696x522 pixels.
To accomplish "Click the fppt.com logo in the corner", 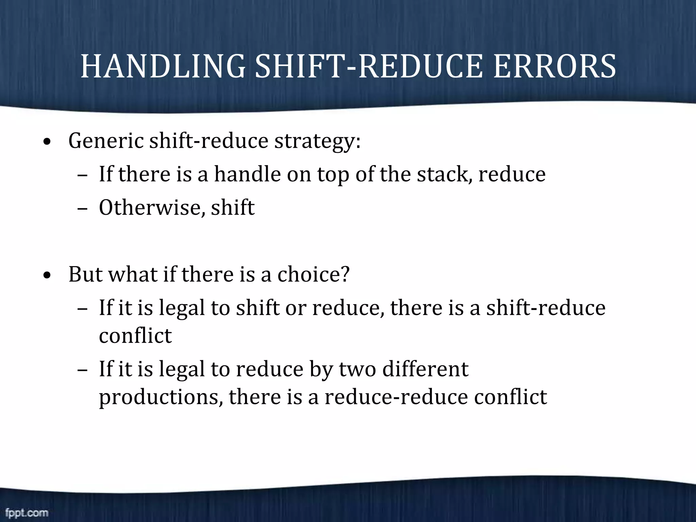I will [27, 512].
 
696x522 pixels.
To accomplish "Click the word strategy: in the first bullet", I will [317, 141].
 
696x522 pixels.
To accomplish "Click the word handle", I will [247, 174].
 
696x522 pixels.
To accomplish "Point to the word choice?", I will [313, 274].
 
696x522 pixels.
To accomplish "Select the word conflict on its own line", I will [135, 336].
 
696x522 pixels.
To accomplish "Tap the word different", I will [425, 369].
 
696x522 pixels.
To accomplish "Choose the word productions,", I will [161, 397].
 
